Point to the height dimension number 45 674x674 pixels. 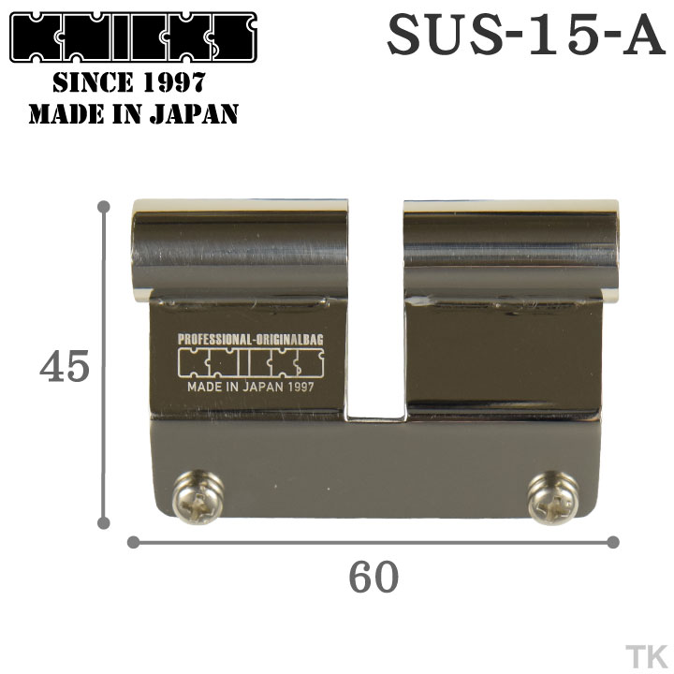pyautogui.click(x=64, y=368)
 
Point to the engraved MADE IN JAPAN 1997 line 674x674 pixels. pyautogui.click(x=250, y=386)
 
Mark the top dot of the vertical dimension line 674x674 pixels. pyautogui.click(x=103, y=206)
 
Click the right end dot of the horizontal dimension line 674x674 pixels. pyautogui.click(x=613, y=541)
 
